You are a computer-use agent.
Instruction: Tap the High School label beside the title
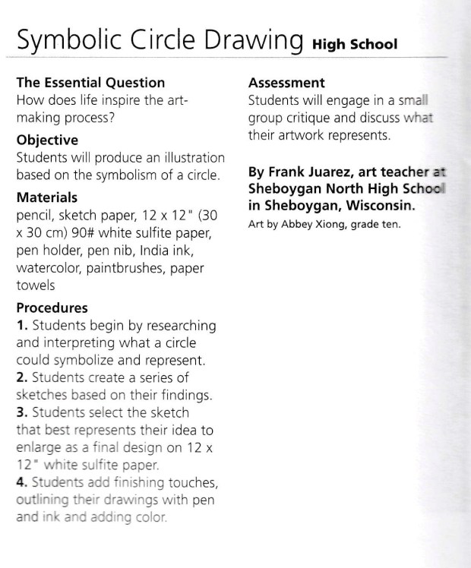355,44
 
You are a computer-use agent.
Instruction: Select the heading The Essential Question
90,83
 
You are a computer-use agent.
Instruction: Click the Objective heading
47,140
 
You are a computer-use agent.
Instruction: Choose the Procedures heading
52,308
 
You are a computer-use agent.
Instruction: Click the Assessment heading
286,83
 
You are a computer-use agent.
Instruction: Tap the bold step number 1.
21,326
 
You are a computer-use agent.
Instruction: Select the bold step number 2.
21,377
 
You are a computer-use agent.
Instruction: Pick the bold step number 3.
21,412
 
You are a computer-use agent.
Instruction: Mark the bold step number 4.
21,482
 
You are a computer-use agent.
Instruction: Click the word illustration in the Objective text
197,158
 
